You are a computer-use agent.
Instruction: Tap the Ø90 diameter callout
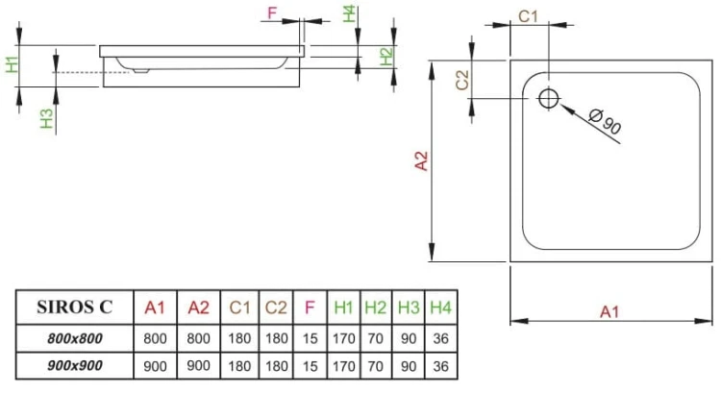pyautogui.click(x=604, y=122)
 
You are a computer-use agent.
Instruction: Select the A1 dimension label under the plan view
pyautogui.click(x=609, y=310)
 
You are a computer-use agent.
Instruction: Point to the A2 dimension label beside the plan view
pyautogui.click(x=420, y=160)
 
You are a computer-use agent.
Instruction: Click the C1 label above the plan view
pyautogui.click(x=529, y=15)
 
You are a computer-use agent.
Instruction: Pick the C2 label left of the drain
pyautogui.click(x=462, y=80)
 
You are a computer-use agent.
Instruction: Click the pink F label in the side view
pyautogui.click(x=272, y=13)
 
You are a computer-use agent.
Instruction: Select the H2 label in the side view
pyautogui.click(x=385, y=56)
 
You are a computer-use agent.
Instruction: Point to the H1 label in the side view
pyautogui.click(x=12, y=65)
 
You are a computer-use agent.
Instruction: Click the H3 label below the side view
pyautogui.click(x=45, y=119)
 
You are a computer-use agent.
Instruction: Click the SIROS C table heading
pyautogui.click(x=74, y=308)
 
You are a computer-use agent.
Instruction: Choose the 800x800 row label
pyautogui.click(x=74, y=338)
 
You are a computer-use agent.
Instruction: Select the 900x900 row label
pyautogui.click(x=74, y=366)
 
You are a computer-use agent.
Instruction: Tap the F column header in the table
pyautogui.click(x=310, y=308)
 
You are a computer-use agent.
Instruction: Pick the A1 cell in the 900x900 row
pyautogui.click(x=155, y=366)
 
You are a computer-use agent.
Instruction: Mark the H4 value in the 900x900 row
pyautogui.click(x=441, y=366)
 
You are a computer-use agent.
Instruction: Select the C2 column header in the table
pyautogui.click(x=276, y=308)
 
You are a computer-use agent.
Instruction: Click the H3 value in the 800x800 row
pyautogui.click(x=410, y=338)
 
